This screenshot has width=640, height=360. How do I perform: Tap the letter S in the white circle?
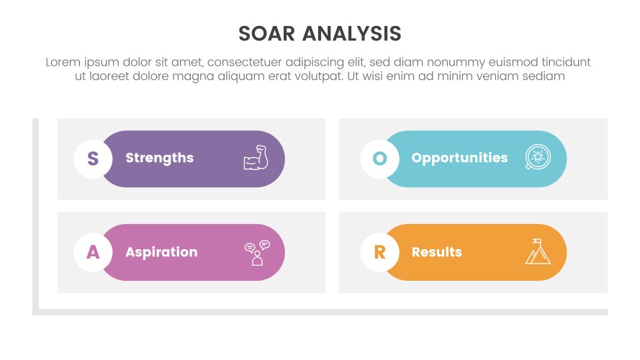point(93,158)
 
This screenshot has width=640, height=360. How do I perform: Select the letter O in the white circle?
point(379,158)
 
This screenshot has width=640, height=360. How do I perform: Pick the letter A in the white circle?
point(93,252)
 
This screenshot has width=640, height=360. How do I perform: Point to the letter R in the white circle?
point(379,252)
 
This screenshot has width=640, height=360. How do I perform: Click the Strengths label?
point(159,158)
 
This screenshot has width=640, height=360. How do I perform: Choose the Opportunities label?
point(459,158)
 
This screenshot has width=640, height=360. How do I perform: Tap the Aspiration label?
point(161,252)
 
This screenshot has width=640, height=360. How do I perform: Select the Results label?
point(436,252)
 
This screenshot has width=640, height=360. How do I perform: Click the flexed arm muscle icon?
point(256,158)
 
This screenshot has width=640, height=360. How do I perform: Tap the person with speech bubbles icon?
point(256,253)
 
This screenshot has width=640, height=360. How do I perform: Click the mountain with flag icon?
point(537,252)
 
